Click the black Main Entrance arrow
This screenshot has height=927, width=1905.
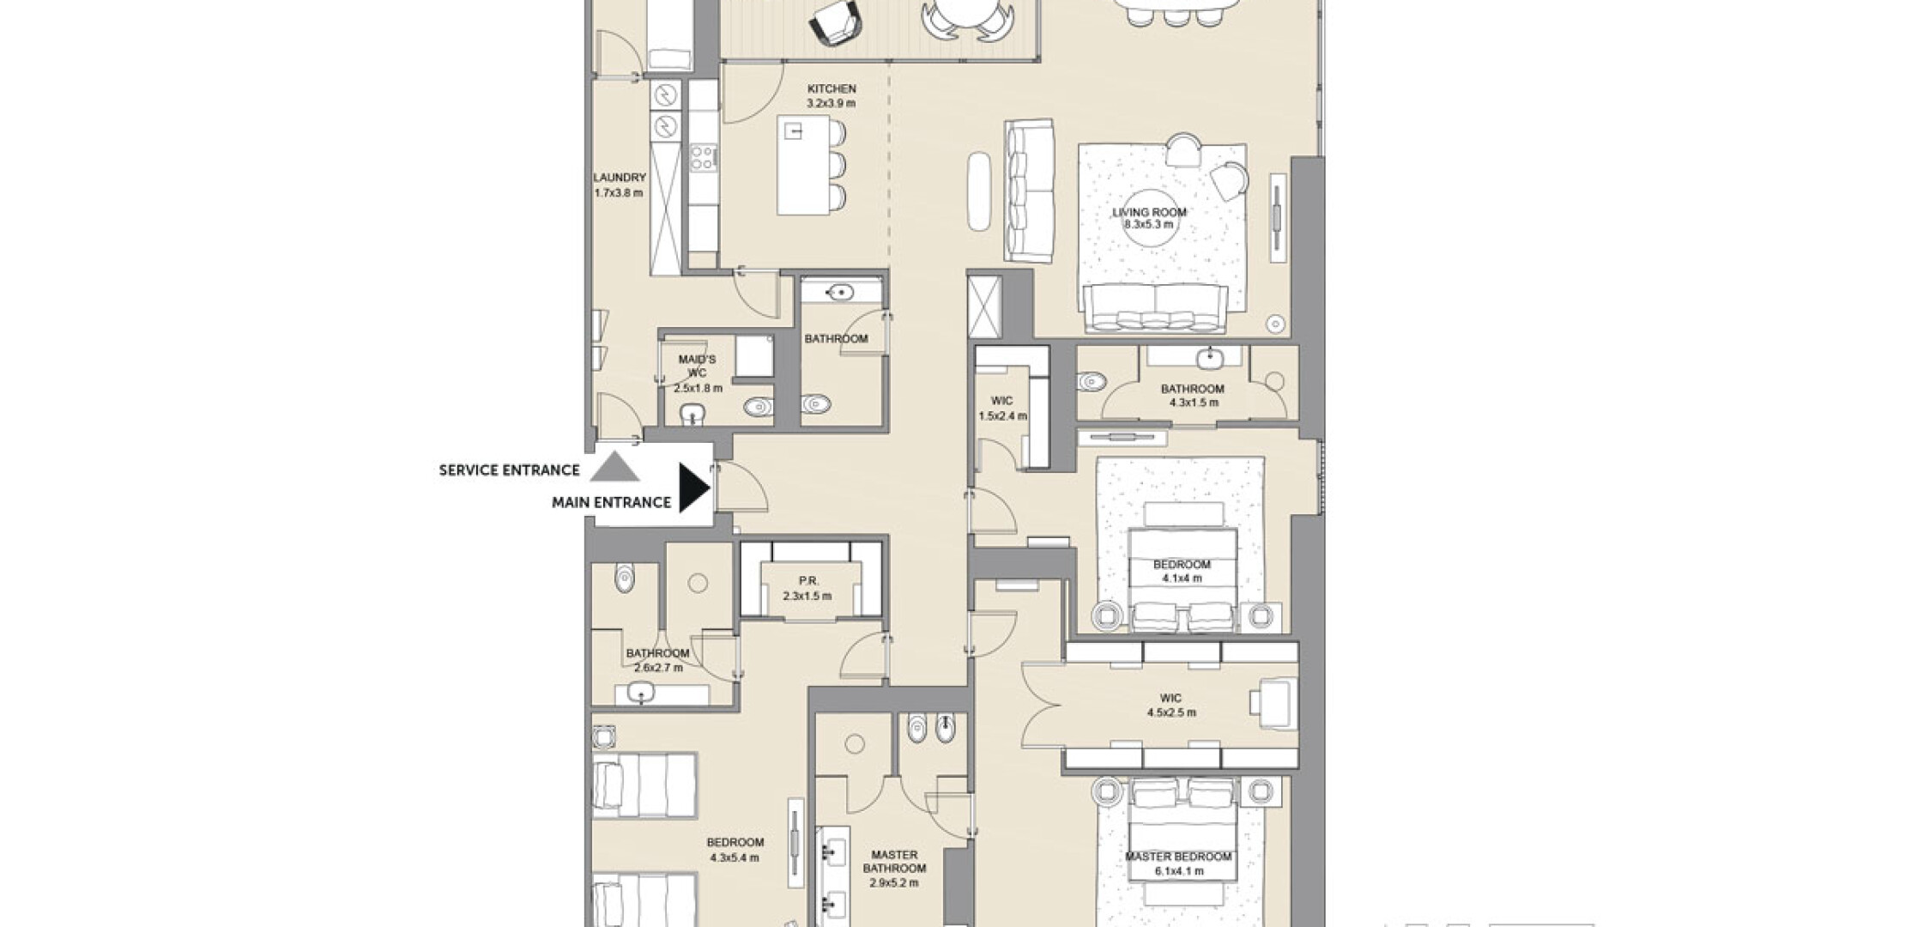(x=693, y=488)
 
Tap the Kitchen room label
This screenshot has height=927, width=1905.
(x=832, y=88)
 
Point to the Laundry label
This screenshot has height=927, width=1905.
(x=620, y=178)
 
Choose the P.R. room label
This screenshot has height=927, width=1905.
(x=808, y=581)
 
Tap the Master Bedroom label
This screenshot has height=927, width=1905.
(x=1178, y=857)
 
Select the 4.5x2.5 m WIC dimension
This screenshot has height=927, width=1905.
(x=1171, y=712)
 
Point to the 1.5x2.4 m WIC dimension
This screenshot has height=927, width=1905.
(x=1002, y=416)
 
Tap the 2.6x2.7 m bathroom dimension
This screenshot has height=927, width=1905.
(x=658, y=667)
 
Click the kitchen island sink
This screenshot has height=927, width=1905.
(x=795, y=131)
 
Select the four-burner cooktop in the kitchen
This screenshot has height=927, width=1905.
(x=704, y=157)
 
